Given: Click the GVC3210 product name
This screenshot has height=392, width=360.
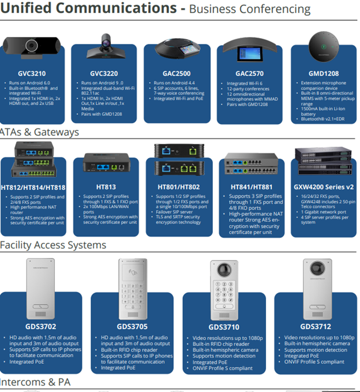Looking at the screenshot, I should [32, 74].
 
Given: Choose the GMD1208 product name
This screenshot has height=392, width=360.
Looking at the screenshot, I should [324, 74].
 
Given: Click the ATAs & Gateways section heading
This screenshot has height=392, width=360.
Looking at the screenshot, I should [40, 132].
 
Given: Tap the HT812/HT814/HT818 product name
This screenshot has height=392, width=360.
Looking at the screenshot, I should [33, 187].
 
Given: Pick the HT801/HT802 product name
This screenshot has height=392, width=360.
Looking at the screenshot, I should [178, 187].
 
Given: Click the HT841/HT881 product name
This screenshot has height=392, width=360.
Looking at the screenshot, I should [252, 187].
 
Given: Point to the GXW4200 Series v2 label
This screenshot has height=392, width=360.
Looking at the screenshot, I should [325, 187].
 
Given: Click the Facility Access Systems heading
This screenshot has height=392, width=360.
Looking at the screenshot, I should [53, 245].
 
